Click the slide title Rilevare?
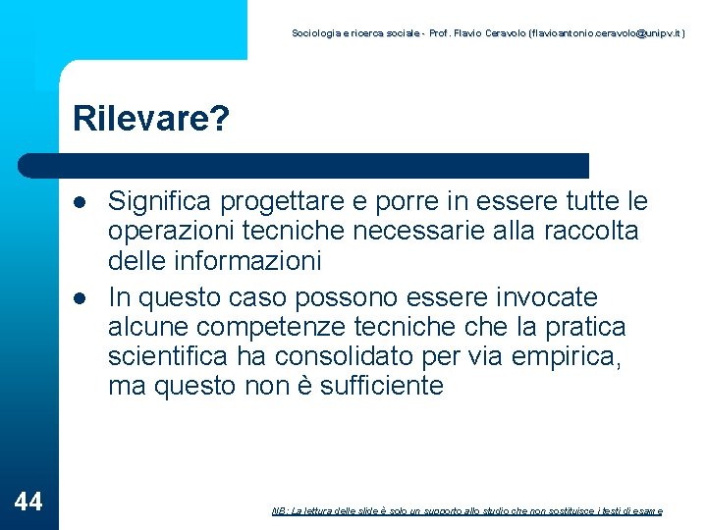pos(151,120)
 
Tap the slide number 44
pos(29,503)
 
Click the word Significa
pos(161,202)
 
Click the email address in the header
pos(606,33)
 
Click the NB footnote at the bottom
pos(466,511)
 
